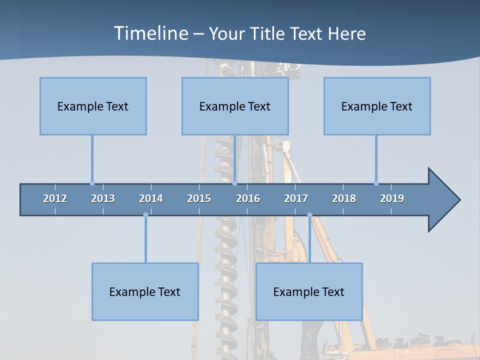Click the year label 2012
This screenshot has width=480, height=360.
55,198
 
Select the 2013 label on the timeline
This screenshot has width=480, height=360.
103,198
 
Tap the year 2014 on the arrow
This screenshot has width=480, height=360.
151,198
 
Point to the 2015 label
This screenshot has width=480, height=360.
199,198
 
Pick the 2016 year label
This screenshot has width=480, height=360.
248,198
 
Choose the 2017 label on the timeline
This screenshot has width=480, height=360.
296,198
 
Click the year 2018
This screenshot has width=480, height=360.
344,198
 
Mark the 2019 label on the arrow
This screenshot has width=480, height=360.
392,198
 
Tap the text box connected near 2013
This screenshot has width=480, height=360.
93,106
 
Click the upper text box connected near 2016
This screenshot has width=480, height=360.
235,106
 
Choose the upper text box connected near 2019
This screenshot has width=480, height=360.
377,106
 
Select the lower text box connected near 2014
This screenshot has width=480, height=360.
145,291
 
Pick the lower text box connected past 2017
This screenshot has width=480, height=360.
309,291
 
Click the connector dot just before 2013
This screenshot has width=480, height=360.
92,183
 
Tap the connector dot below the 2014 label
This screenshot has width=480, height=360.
145,215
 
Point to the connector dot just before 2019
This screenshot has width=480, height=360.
376,183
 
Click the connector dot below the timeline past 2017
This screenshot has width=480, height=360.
309,215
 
